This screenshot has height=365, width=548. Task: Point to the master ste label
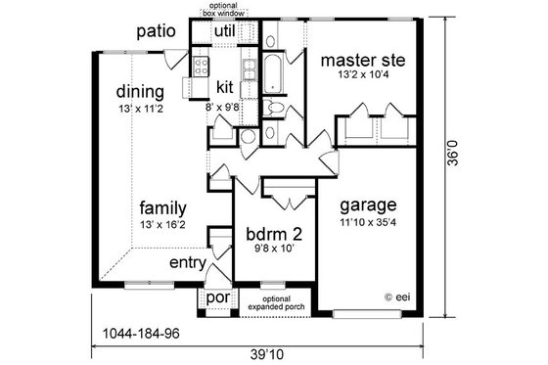363,60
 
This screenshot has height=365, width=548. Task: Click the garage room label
367,205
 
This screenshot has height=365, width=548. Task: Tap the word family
162,207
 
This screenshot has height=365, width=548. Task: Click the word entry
188,263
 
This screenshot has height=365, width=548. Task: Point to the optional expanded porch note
269,301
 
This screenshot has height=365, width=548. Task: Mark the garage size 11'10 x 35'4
367,224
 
